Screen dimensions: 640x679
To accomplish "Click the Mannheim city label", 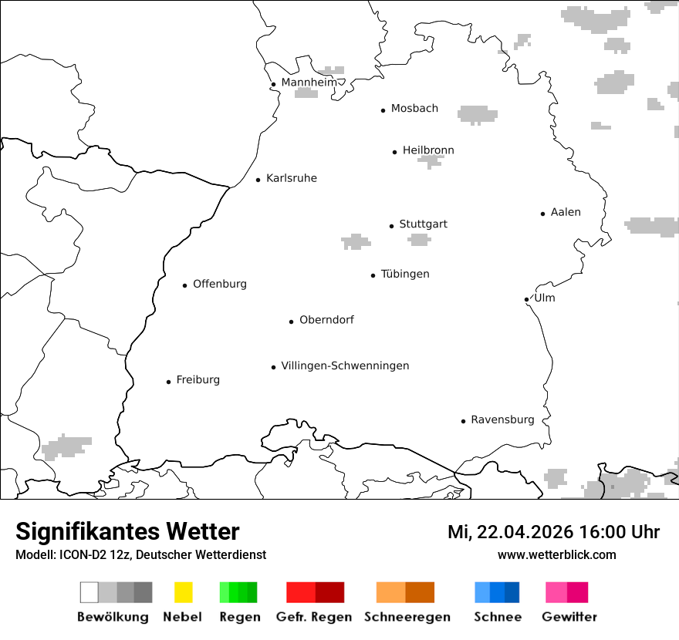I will point(309,83).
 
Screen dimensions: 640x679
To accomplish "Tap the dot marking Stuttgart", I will point(391,226).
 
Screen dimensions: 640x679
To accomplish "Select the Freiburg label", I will point(198,379).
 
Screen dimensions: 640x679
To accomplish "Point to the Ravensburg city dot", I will point(463,421).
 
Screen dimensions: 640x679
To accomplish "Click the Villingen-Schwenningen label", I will point(345,365).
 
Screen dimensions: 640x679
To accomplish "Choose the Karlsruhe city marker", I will point(258,180).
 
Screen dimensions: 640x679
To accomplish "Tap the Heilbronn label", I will point(428,150).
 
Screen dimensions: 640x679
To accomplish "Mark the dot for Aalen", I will point(542,214).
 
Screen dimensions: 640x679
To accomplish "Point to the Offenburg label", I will point(220,284).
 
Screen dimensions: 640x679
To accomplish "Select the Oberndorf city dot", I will point(291,322).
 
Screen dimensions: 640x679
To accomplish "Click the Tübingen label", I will point(405,274).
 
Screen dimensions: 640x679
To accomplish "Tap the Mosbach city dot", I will point(383,110).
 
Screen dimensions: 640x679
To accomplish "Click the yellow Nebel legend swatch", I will point(183,592).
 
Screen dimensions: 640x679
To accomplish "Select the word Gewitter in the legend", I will point(569,617).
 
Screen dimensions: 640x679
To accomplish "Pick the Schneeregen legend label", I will point(407,617).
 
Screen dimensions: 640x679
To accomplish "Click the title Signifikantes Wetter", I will point(127,531).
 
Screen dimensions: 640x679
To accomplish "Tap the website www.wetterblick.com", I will point(557,554).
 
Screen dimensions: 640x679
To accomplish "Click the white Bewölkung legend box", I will point(89,592).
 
